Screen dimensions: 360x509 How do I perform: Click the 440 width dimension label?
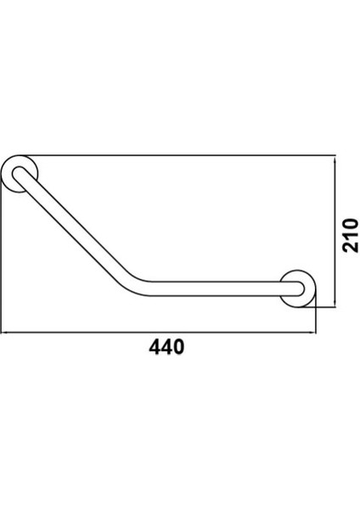[166, 346]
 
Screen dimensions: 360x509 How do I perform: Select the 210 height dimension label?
[351, 235]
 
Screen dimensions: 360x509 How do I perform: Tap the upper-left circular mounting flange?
[20, 174]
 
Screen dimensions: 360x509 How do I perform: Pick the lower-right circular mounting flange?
[297, 288]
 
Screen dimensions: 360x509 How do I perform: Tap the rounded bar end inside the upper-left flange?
[19, 173]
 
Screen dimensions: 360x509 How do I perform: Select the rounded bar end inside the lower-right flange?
[299, 289]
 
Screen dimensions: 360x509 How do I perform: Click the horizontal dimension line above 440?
[158, 332]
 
